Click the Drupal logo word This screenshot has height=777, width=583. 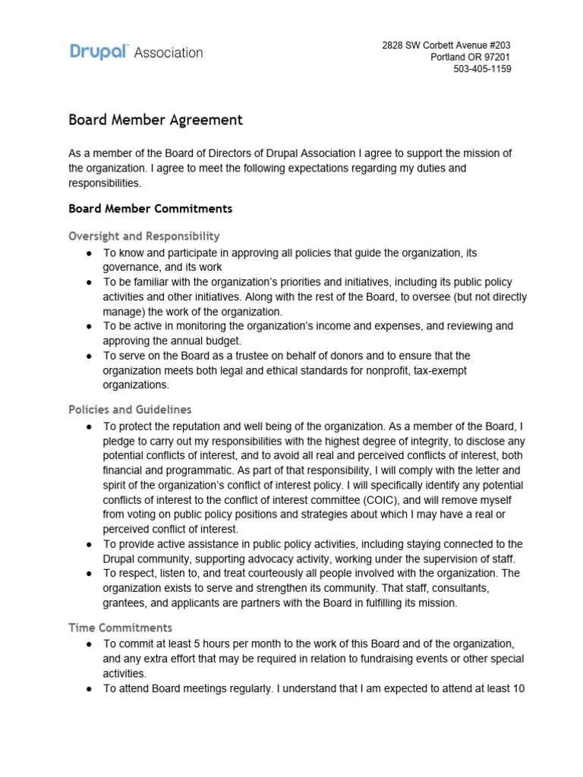(x=99, y=52)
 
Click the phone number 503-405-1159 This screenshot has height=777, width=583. (x=482, y=69)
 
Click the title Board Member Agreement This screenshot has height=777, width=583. (x=156, y=120)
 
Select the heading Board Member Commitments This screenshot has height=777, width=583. (x=150, y=208)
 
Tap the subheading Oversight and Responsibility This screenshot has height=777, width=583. (x=144, y=236)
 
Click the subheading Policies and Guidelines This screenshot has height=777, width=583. (x=130, y=410)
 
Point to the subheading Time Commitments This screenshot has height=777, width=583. (x=120, y=628)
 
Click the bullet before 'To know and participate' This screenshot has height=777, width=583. (x=90, y=253)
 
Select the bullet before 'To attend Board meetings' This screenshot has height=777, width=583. (x=90, y=688)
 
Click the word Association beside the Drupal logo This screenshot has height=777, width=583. (x=169, y=52)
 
